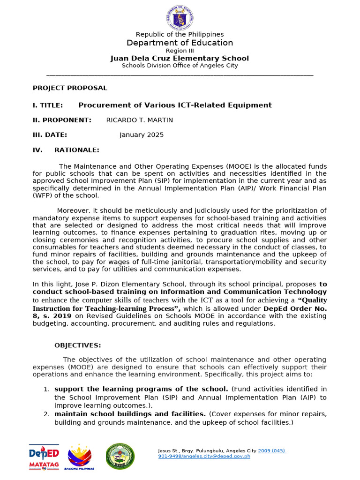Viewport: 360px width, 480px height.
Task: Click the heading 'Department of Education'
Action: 180,43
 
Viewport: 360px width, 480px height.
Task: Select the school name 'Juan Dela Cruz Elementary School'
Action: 180,59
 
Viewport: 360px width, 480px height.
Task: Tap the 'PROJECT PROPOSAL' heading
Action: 70,88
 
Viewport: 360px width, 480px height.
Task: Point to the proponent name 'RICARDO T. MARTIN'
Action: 140,120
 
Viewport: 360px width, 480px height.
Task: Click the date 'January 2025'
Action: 142,135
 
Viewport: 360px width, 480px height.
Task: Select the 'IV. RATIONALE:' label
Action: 66,150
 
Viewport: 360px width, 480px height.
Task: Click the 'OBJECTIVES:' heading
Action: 77,345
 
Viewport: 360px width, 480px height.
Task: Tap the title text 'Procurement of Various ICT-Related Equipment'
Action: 175,105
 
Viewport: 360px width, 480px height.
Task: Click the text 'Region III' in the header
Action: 180,51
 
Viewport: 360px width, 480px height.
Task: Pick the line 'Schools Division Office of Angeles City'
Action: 180,66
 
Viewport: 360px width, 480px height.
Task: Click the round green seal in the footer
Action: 120,457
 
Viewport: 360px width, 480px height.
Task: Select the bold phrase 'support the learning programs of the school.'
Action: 141,389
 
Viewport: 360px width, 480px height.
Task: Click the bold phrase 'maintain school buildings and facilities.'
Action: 130,414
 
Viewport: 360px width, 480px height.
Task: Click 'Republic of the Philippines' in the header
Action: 180,35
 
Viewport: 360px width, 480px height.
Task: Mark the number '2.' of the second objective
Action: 46,414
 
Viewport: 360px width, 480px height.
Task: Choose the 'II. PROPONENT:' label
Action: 62,120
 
